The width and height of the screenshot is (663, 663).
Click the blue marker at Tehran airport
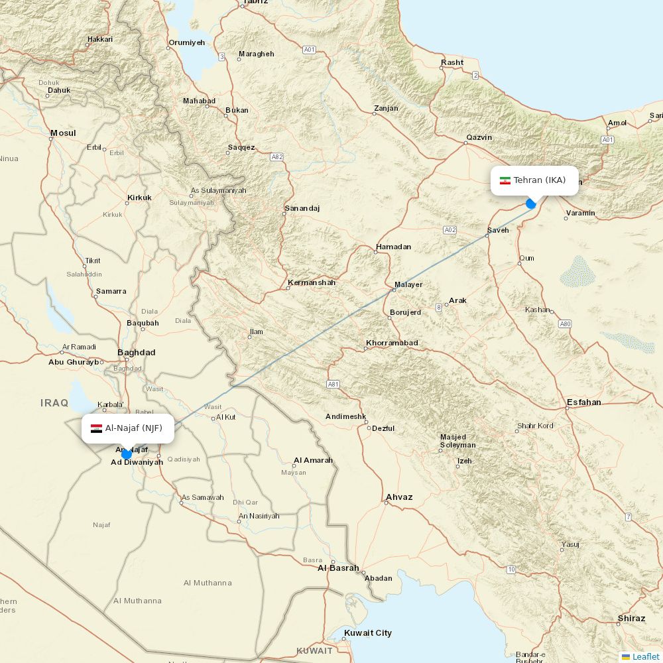(531, 204)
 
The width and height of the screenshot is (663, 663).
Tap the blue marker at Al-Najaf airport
(127, 454)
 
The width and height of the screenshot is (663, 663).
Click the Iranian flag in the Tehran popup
(505, 180)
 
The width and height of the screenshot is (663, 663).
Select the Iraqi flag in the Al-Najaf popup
(96, 428)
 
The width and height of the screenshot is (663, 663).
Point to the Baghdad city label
(136, 352)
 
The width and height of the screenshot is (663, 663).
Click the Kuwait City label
(368, 633)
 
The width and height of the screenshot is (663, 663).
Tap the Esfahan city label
(583, 402)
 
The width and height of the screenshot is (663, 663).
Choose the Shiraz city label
(631, 619)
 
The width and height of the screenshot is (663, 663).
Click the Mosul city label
(63, 133)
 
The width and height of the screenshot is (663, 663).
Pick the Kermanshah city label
(312, 283)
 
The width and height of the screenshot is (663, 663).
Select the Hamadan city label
(393, 247)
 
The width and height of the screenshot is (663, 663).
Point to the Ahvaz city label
(399, 497)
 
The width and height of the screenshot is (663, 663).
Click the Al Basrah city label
(338, 568)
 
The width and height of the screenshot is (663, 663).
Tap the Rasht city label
(452, 63)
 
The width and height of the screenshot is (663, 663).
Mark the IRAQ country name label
(54, 403)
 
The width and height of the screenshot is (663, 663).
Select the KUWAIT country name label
(314, 650)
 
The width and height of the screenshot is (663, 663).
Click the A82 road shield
(277, 157)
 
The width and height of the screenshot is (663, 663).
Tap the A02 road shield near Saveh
(450, 230)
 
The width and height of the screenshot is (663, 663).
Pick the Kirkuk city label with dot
(139, 198)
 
